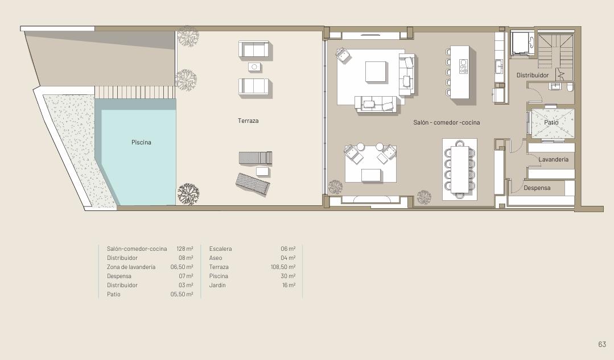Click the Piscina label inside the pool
click(x=141, y=142)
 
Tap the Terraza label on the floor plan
click(x=248, y=121)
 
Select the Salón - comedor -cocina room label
click(x=446, y=122)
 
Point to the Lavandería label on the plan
click(x=553, y=160)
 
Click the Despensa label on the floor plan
click(x=537, y=188)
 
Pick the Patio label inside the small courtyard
click(x=551, y=122)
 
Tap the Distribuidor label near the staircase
click(x=533, y=75)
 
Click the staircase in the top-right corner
click(x=555, y=51)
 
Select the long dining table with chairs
click(x=460, y=169)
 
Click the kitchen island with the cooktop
click(x=460, y=72)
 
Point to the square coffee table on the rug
click(x=376, y=72)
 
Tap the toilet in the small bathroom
click(x=570, y=86)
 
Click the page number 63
click(x=602, y=344)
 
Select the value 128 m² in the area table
click(x=185, y=249)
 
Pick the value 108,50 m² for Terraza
click(x=283, y=267)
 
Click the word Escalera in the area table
click(x=220, y=249)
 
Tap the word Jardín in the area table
click(x=217, y=285)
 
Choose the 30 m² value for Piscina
click(x=288, y=276)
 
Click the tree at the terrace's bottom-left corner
click(x=188, y=194)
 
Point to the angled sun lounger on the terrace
click(x=253, y=184)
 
